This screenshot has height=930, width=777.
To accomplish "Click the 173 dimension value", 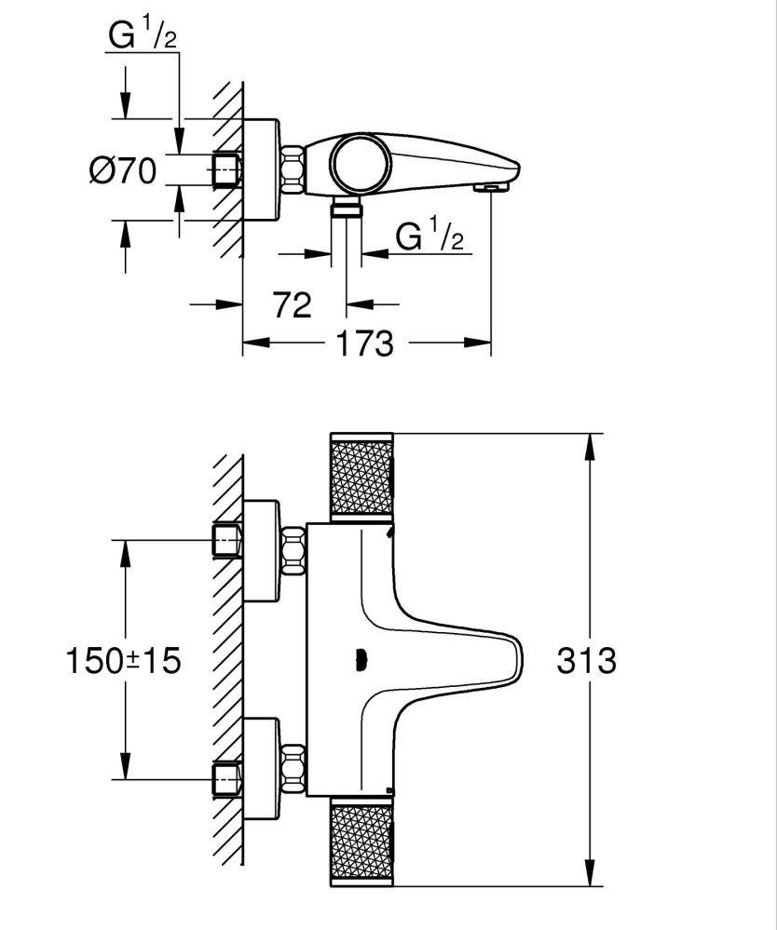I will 365,344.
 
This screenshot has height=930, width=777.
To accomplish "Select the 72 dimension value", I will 293,304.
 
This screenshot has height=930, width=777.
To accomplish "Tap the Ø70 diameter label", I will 123,171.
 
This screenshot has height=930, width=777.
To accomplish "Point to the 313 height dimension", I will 586,661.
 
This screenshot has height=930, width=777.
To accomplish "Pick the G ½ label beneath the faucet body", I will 429,236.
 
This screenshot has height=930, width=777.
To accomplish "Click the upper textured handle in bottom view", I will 361,477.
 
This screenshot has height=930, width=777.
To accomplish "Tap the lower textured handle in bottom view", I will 361,844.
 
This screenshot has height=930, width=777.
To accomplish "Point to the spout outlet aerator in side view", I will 493,188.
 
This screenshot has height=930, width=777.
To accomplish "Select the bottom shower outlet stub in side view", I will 348,208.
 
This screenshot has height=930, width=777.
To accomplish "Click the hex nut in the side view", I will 293,170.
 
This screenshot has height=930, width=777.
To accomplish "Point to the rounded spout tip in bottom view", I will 514,659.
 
